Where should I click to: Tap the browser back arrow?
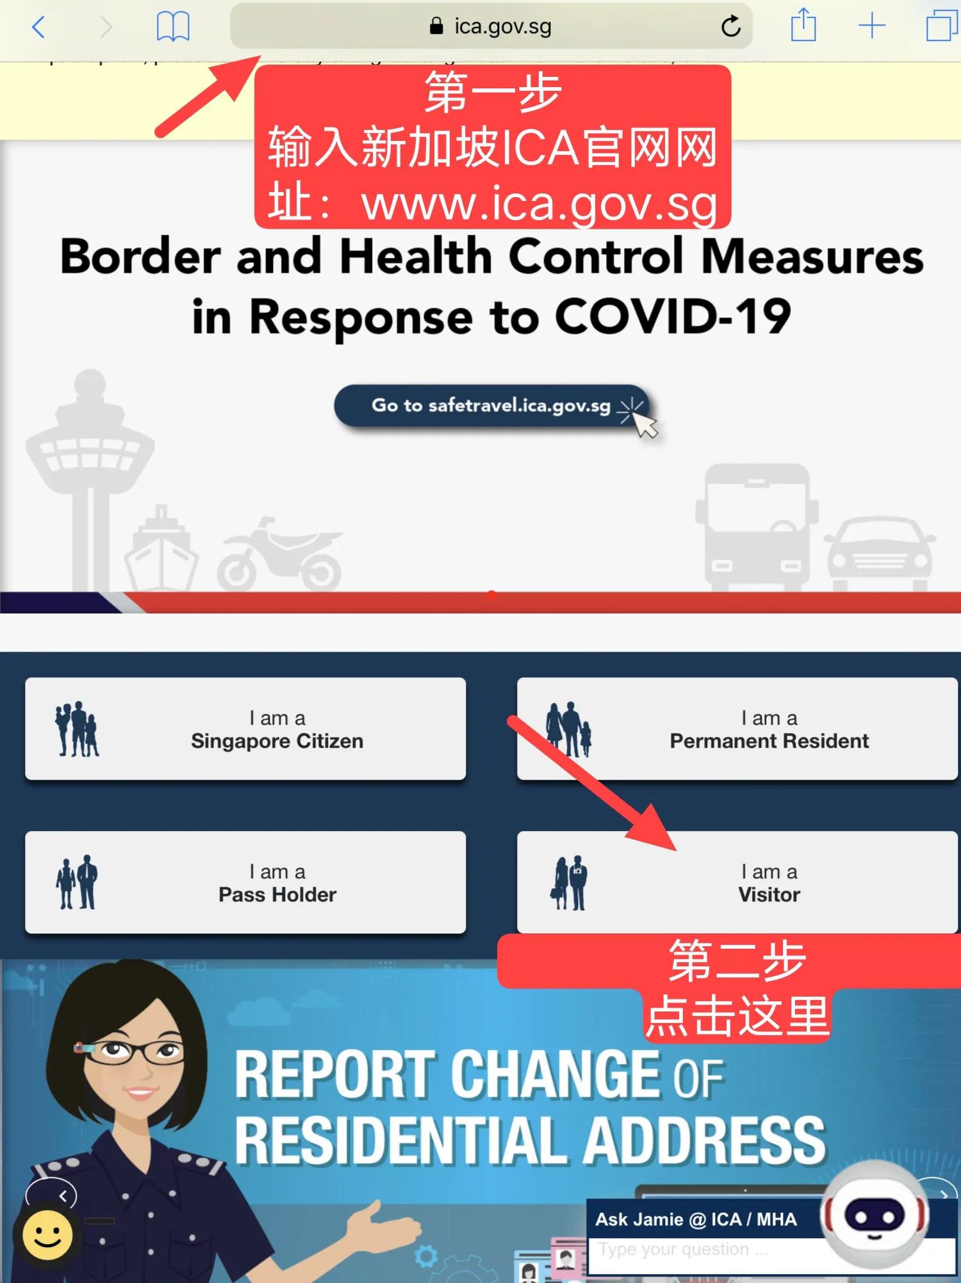click(x=38, y=27)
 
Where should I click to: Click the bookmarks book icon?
click(x=173, y=27)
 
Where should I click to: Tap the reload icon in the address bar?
click(x=730, y=27)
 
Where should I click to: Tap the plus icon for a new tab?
click(x=872, y=27)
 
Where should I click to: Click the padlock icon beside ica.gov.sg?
click(x=436, y=26)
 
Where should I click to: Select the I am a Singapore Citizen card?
click(x=245, y=729)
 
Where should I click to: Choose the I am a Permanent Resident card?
click(x=737, y=729)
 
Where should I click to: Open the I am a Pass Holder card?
click(x=245, y=882)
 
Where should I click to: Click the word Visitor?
click(x=769, y=894)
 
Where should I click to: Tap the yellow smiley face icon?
click(x=47, y=1234)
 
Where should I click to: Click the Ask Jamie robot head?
click(x=874, y=1212)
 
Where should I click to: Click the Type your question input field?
click(x=705, y=1250)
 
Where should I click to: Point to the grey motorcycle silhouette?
click(x=279, y=556)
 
